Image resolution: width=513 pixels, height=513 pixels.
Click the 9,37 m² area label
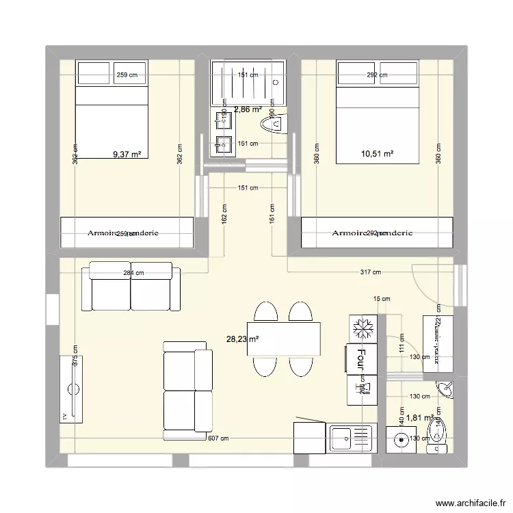[x=127, y=155]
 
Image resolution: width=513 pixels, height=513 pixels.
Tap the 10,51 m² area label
[x=377, y=155]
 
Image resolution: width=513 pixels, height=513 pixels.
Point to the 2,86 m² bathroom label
[x=248, y=109]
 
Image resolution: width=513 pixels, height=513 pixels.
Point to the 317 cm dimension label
[x=369, y=272]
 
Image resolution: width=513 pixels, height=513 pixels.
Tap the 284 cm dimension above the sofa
[x=134, y=273]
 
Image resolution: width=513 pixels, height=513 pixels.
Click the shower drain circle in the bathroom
[x=276, y=82]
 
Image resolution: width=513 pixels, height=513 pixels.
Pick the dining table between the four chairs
[x=284, y=339]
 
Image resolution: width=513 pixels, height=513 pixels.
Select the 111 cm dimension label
[x=402, y=346]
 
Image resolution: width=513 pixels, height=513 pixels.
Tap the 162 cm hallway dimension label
[x=224, y=214]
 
